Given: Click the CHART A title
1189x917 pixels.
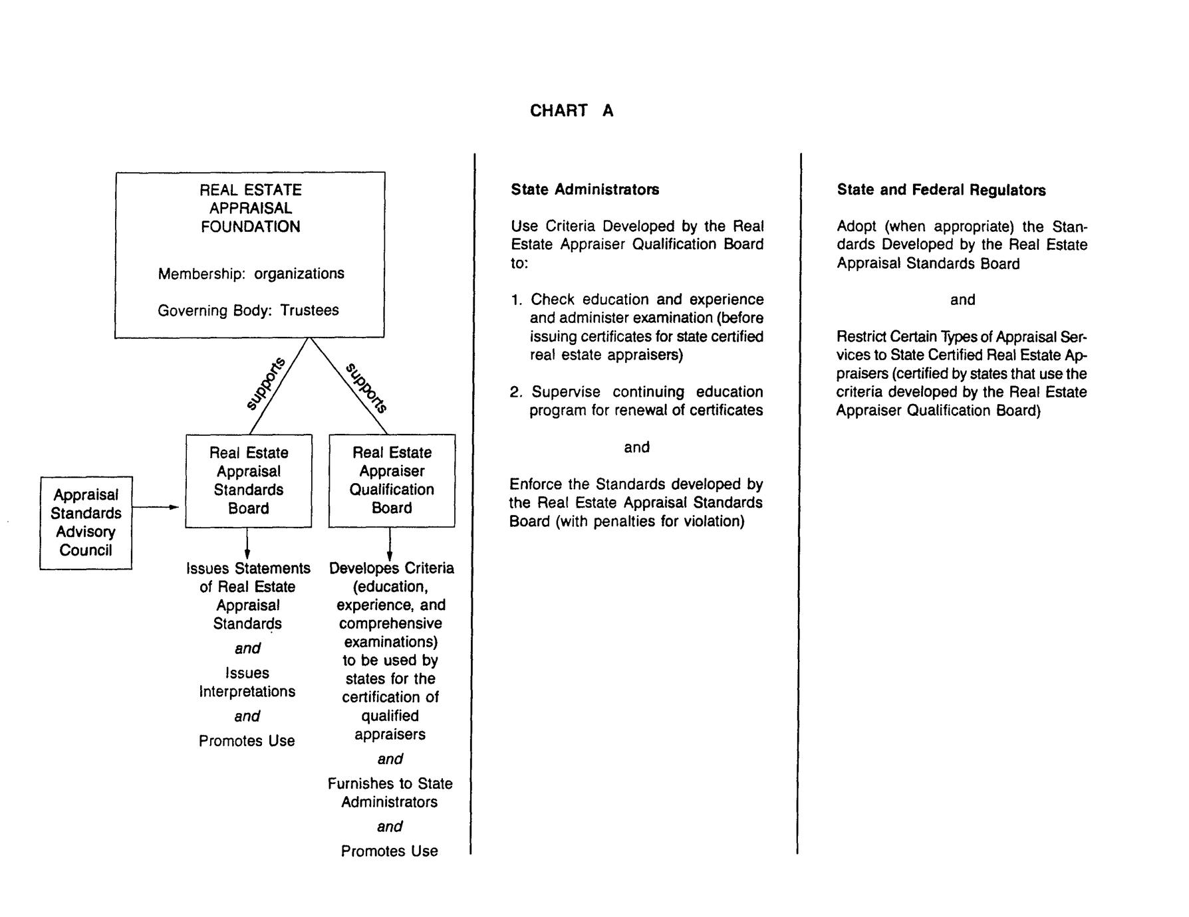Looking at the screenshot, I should coord(571,110).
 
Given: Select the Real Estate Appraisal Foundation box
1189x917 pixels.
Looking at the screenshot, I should coord(250,255).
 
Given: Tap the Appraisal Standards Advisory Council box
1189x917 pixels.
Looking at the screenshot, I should coord(86,523).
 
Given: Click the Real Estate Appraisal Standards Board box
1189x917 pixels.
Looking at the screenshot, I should coord(249,481).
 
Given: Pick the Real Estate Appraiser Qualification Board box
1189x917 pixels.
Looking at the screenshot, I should coord(392,481).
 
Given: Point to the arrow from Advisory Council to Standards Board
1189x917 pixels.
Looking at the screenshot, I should coord(156,508).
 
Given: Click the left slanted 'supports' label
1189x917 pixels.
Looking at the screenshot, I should coord(266,383).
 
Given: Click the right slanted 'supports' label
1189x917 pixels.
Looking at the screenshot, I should coord(367,387).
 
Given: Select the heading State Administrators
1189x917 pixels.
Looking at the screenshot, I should coord(585,190).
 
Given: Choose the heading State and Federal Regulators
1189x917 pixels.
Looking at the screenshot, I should coord(941,191).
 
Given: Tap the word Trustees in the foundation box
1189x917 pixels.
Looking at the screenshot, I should coord(309,310).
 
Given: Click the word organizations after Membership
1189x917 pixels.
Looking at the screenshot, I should coord(299,274).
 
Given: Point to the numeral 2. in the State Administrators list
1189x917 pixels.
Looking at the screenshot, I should coord(517,392).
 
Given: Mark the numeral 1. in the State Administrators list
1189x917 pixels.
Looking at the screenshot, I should coord(517,300).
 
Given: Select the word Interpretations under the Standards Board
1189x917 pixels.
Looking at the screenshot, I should coord(247,692).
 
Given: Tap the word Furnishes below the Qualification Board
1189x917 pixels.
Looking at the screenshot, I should coord(359,784).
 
